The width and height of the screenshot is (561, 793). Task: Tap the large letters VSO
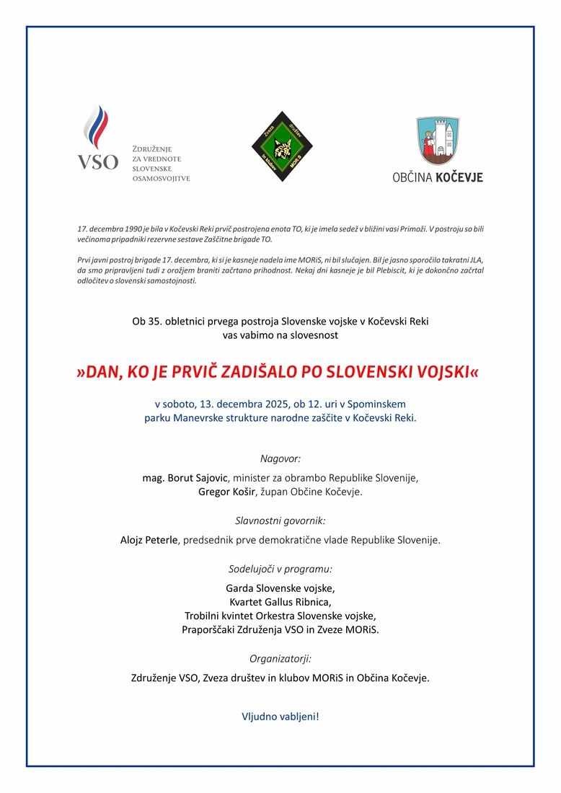(x=97, y=162)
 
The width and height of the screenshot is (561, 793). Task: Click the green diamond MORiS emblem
(x=282, y=146)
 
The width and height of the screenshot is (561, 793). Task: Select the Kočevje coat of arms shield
(x=437, y=141)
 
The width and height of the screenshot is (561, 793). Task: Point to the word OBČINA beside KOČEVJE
(x=412, y=177)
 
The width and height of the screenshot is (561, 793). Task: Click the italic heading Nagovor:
(x=280, y=458)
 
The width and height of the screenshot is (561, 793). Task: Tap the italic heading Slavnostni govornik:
(x=280, y=520)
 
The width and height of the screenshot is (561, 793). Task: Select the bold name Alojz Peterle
(x=149, y=539)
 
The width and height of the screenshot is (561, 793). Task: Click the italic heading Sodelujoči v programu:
(x=280, y=568)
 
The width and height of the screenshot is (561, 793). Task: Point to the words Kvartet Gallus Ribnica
(x=280, y=601)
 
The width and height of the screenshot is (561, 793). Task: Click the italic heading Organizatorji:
(x=280, y=658)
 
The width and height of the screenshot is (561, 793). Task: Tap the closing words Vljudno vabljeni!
(x=280, y=717)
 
